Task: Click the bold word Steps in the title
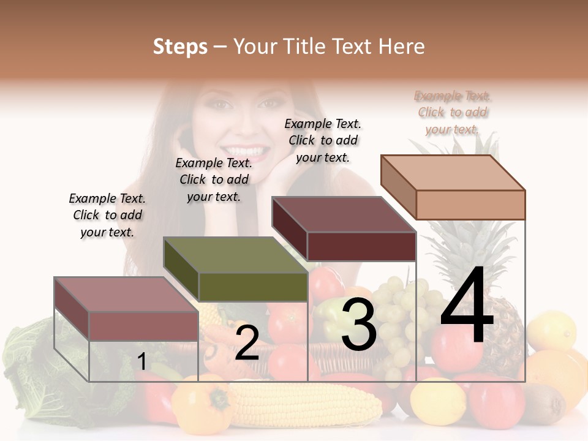(180, 47)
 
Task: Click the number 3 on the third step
(358, 325)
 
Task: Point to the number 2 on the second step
(247, 343)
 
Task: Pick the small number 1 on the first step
(141, 362)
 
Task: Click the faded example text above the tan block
(453, 112)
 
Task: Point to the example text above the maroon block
(323, 140)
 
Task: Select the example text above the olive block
(214, 179)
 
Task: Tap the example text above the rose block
(107, 215)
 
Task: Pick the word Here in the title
(401, 47)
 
